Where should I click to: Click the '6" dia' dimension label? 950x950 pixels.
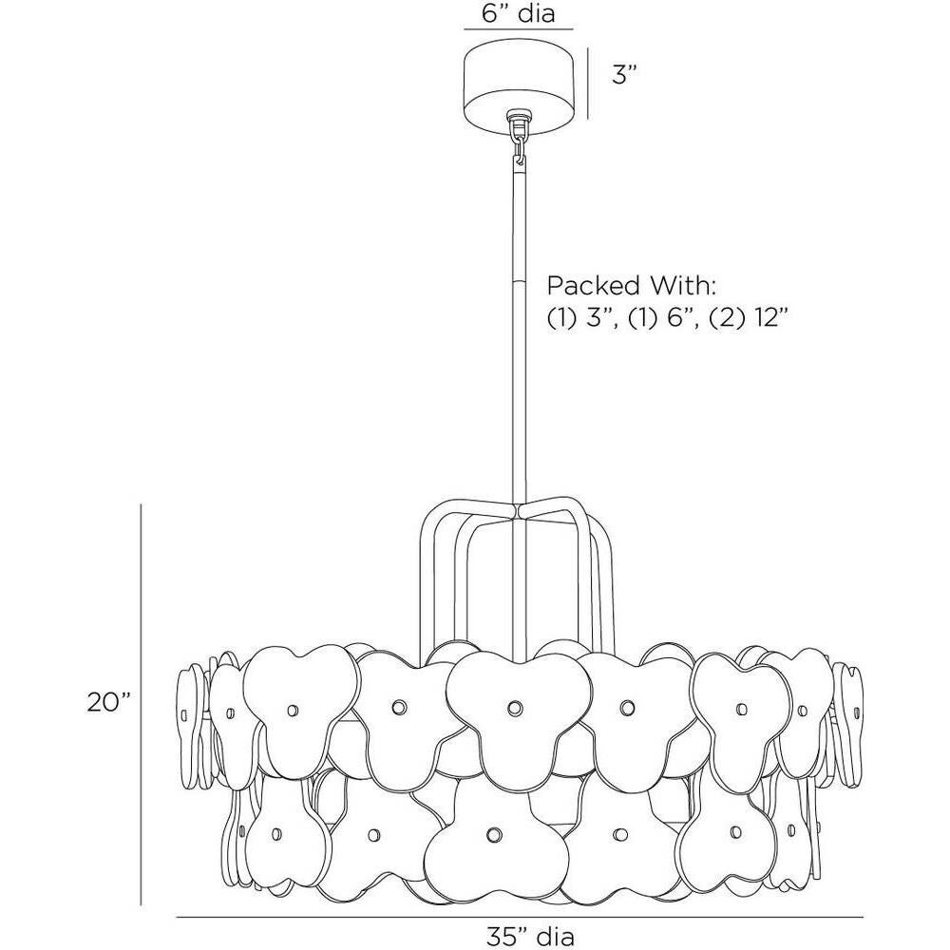point(517,13)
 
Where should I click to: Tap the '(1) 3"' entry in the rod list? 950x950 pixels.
point(579,319)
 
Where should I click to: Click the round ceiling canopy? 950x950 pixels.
point(518,82)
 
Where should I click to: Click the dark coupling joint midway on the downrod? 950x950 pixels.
point(518,283)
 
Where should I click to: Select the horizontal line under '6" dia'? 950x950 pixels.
point(518,29)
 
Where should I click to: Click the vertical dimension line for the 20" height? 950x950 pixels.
point(142,703)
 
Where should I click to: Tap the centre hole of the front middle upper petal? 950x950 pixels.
point(515,707)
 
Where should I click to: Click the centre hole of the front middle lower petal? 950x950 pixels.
point(493,833)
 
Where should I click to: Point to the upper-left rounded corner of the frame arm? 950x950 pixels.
point(429,514)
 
